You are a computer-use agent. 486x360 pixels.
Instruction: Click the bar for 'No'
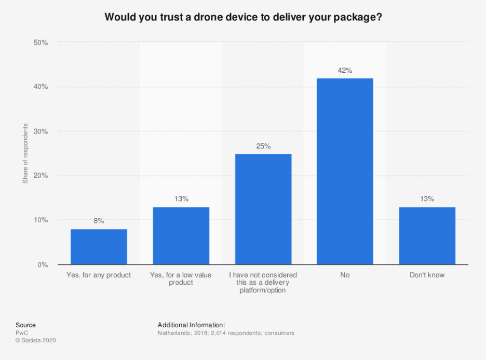pyautogui.click(x=345, y=171)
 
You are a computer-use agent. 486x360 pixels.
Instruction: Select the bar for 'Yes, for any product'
pyautogui.click(x=99, y=247)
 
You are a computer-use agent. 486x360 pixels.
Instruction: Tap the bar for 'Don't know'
pyautogui.click(x=427, y=236)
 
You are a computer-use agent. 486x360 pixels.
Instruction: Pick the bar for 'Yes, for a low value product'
pyautogui.click(x=181, y=236)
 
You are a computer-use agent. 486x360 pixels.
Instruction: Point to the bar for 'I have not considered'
pyautogui.click(x=263, y=209)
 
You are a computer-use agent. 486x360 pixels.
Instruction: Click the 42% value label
pyautogui.click(x=345, y=71)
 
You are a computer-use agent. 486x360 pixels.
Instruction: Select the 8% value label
pyautogui.click(x=99, y=221)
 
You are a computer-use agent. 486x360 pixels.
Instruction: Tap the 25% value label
pyautogui.click(x=263, y=146)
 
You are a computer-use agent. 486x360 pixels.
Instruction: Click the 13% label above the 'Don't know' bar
pyautogui.click(x=427, y=199)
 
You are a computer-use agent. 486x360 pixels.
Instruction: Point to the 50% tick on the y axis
pyautogui.click(x=41, y=43)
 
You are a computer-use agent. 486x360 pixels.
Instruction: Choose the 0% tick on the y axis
pyautogui.click(x=43, y=265)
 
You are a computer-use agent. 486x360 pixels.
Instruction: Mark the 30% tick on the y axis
pyautogui.click(x=41, y=131)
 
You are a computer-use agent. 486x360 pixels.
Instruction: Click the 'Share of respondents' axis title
pyautogui.click(x=25, y=153)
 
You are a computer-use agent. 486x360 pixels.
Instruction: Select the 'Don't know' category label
pyautogui.click(x=427, y=275)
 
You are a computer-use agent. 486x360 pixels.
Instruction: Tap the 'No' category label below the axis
pyautogui.click(x=345, y=275)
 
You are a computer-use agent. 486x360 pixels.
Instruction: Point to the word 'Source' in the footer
pyautogui.click(x=25, y=325)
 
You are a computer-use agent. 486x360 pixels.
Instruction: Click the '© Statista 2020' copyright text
pyautogui.click(x=35, y=341)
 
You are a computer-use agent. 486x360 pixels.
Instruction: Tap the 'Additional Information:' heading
pyautogui.click(x=191, y=325)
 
